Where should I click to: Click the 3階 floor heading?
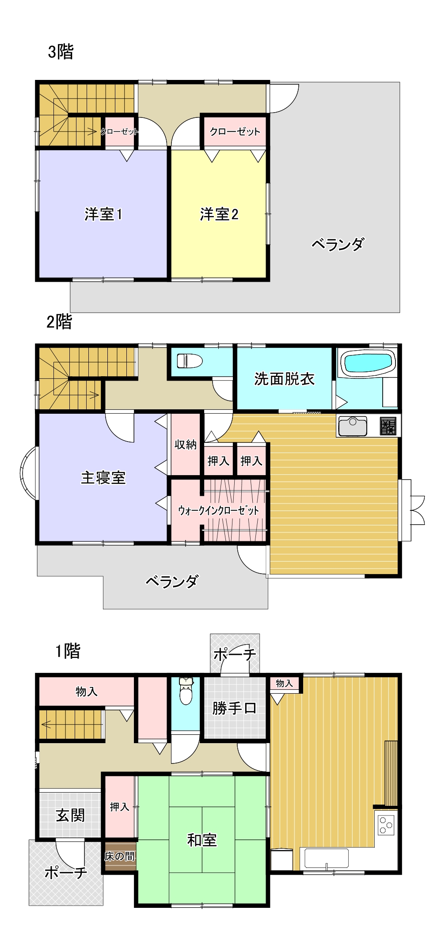coord(61,52)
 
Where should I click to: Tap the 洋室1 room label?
coord(103,215)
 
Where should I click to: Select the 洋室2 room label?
coord(219,215)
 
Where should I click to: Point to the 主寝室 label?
coord(103,478)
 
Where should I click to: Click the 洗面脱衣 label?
coord(284,379)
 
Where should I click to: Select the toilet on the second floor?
coord(190,361)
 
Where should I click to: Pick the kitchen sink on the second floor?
coord(352,426)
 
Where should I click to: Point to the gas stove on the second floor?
coord(388,426)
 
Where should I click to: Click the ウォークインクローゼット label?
coord(218,511)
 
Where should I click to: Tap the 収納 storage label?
coord(185,445)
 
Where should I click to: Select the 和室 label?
coord(202,840)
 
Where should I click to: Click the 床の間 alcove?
coord(120,857)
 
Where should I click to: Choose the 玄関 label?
coord(70,815)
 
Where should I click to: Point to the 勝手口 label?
coord(234,709)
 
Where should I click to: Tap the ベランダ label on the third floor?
coord(338,244)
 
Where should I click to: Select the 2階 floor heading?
coord(59,322)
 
